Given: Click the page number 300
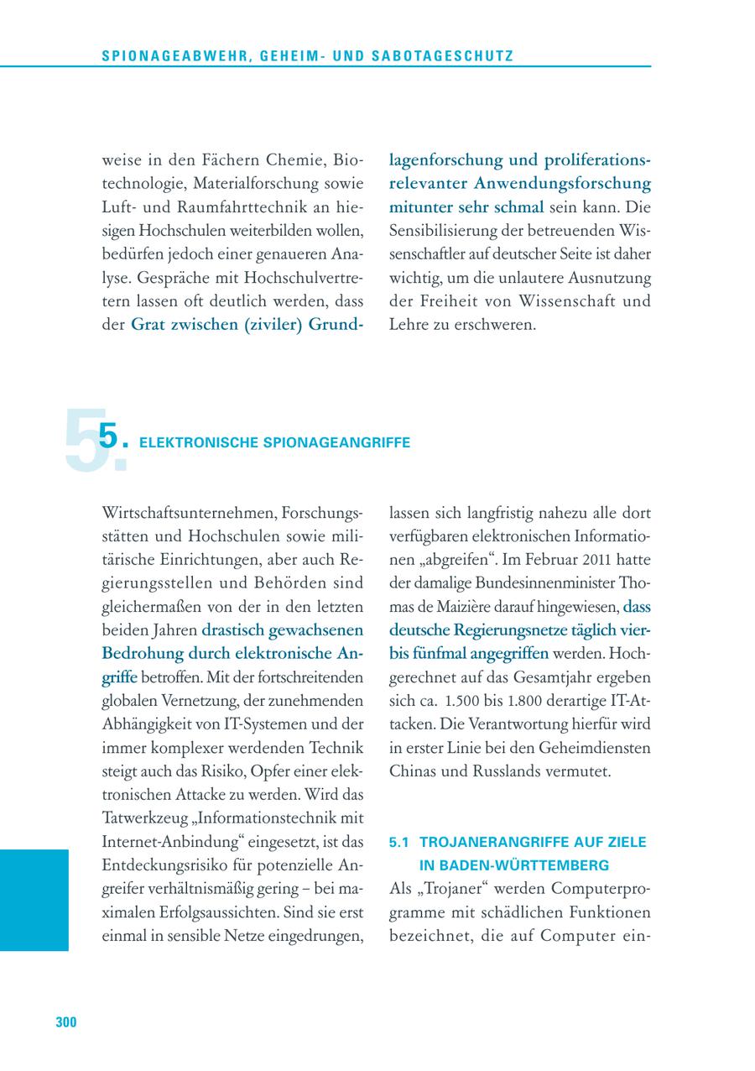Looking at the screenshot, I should click(x=66, y=1021).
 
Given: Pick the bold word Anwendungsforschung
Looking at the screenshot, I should click(x=562, y=182).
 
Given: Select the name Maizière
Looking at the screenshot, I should click(x=464, y=605).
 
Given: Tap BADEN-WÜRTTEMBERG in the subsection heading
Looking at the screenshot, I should click(x=514, y=865).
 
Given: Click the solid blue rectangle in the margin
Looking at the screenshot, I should click(x=34, y=900).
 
